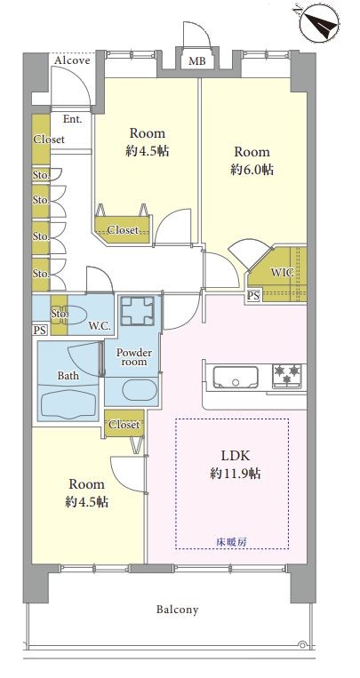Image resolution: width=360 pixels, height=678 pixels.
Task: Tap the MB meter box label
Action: tap(196, 62)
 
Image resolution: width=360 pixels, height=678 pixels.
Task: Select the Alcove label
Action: tap(72, 60)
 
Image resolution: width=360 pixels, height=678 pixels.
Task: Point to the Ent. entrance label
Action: tap(73, 119)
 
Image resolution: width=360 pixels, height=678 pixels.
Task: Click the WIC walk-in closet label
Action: tap(283, 273)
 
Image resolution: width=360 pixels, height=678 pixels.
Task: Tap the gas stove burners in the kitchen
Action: tap(287, 374)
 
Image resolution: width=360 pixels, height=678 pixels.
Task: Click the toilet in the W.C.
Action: tap(75, 315)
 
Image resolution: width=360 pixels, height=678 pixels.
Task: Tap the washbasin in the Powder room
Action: tap(140, 390)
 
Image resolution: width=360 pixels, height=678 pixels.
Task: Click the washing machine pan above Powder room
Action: tap(137, 310)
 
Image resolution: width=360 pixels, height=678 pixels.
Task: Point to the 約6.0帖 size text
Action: tap(252, 170)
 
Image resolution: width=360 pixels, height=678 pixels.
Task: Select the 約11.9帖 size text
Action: tap(236, 474)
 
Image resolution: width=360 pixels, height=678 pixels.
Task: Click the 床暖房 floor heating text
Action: tap(232, 542)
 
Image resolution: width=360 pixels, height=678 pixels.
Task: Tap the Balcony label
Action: tap(178, 610)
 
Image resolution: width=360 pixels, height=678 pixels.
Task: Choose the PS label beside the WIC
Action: tap(253, 296)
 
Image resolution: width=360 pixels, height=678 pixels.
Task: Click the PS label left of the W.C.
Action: tap(39, 331)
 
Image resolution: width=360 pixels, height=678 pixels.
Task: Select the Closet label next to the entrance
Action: tap(49, 140)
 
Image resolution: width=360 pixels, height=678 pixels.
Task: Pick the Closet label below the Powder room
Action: tap(124, 425)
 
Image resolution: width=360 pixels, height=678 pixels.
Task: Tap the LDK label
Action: tap(236, 455)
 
